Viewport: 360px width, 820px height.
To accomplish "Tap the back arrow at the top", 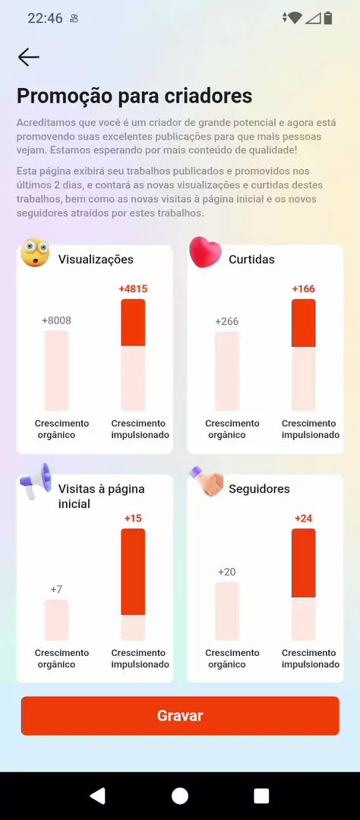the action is [28, 57].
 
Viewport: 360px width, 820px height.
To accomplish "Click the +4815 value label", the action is [133, 289].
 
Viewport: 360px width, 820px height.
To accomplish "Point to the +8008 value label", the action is [56, 320].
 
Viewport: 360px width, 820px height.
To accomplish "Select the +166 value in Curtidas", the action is [304, 289].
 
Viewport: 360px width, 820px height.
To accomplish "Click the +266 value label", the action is [226, 321].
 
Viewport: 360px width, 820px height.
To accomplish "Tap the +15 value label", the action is [133, 519].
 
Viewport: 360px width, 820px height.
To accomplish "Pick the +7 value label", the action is [56, 589].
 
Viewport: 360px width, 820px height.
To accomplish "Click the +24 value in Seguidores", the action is [304, 519].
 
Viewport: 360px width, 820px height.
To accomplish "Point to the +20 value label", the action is [226, 572].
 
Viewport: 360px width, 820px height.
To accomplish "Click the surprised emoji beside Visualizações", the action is [34, 253].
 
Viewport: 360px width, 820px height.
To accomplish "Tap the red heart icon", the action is [205, 252].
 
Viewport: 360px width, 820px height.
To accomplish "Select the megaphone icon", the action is [36, 481].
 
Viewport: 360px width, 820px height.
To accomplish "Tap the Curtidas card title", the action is [251, 260].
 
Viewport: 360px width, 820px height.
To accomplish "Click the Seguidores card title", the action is [259, 489].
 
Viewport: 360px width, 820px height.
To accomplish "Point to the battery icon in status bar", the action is [328, 18].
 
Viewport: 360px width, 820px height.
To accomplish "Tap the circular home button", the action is [180, 796].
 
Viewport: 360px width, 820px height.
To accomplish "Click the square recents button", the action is [261, 796].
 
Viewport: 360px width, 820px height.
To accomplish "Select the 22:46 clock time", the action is [45, 18].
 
